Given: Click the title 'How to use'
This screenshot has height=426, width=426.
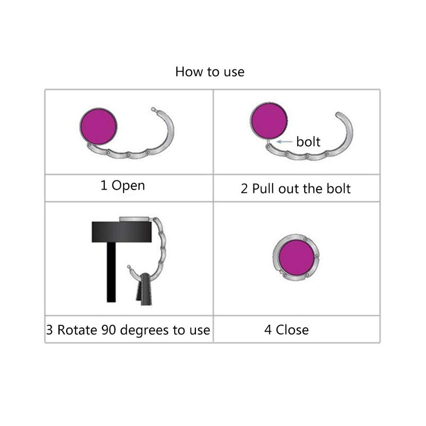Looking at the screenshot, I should point(210,72).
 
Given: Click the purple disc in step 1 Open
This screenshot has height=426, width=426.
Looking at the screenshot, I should point(98,126).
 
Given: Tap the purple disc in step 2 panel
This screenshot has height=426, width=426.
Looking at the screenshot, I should point(269,120).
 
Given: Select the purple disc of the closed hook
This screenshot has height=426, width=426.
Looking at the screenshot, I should point(297,257).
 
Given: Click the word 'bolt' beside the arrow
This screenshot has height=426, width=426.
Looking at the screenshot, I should point(308,142).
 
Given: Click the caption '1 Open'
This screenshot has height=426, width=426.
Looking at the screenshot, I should point(122,186).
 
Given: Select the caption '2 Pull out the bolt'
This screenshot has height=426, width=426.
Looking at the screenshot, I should point(296,189).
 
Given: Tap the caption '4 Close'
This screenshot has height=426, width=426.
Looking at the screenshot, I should point(286,330).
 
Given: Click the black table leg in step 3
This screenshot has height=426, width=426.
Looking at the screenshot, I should point(111,272).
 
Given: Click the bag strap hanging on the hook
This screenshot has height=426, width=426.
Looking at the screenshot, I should point(144,290).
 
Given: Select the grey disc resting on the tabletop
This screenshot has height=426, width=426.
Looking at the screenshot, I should point(136,218).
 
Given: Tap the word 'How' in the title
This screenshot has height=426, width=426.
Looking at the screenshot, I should point(187,72).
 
